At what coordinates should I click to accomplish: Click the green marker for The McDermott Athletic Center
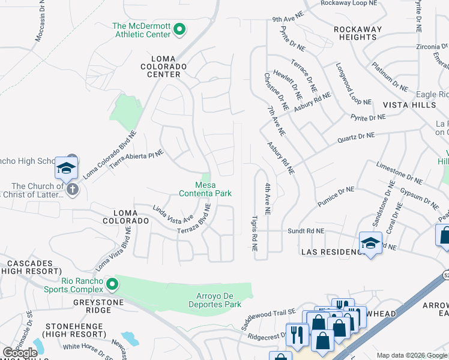pyautogui.click(x=179, y=29)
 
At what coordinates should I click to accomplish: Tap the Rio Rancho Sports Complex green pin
pyautogui.click(x=111, y=283)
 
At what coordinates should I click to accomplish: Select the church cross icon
pyautogui.click(x=72, y=190)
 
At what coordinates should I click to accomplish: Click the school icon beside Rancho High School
pyautogui.click(x=66, y=169)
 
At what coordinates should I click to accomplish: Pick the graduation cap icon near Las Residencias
pyautogui.click(x=371, y=244)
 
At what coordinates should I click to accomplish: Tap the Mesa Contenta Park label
pyautogui.click(x=205, y=189)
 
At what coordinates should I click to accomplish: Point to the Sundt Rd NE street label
pyautogui.click(x=306, y=230)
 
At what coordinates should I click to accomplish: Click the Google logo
pyautogui.click(x=20, y=352)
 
